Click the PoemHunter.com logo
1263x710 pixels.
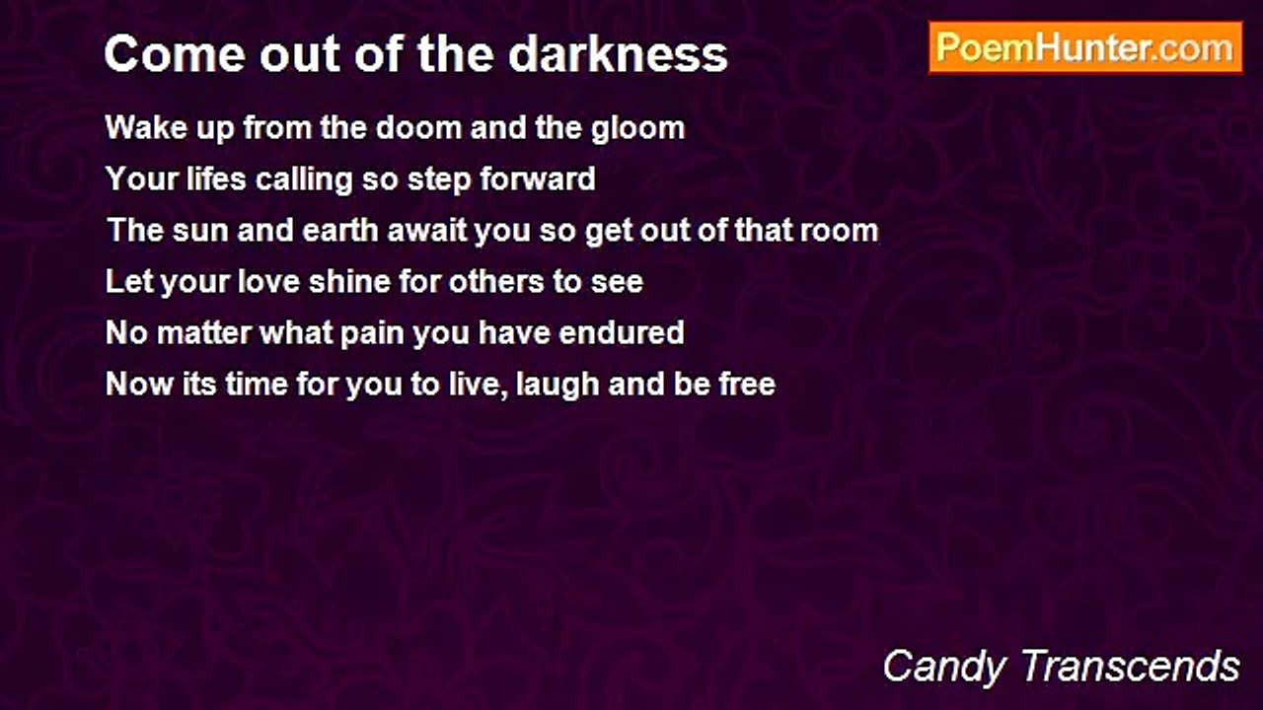[x=1085, y=48]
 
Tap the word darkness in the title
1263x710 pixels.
[x=618, y=54]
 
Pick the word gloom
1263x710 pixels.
[x=637, y=129]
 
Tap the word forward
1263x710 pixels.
[x=538, y=178]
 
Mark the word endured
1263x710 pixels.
[x=622, y=332]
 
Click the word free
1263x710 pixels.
[x=747, y=384]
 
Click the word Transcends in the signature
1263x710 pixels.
[x=1130, y=666]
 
